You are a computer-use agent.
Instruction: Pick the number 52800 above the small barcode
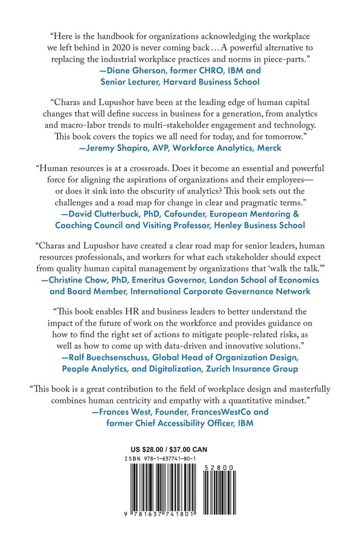click(x=230, y=467)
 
